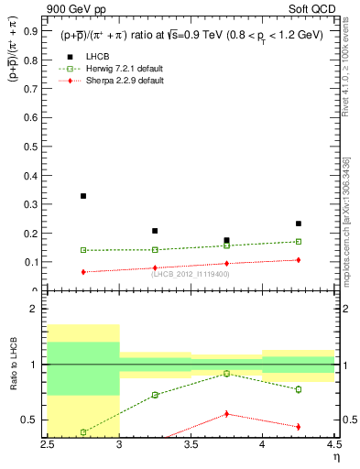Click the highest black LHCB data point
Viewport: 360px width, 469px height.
point(83,196)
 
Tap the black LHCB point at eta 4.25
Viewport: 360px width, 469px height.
point(299,224)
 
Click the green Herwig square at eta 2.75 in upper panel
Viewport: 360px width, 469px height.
point(83,250)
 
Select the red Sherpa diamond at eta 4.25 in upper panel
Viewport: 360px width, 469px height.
point(299,260)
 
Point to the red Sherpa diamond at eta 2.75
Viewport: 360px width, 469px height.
point(83,272)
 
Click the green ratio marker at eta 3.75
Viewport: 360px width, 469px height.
point(226,374)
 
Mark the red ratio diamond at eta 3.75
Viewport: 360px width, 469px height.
point(226,414)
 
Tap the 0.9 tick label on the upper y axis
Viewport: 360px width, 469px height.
point(30,30)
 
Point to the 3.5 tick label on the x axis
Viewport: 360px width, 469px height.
point(191,445)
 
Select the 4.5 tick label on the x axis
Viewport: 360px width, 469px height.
point(333,445)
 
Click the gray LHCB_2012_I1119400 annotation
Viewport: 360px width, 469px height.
point(191,274)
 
